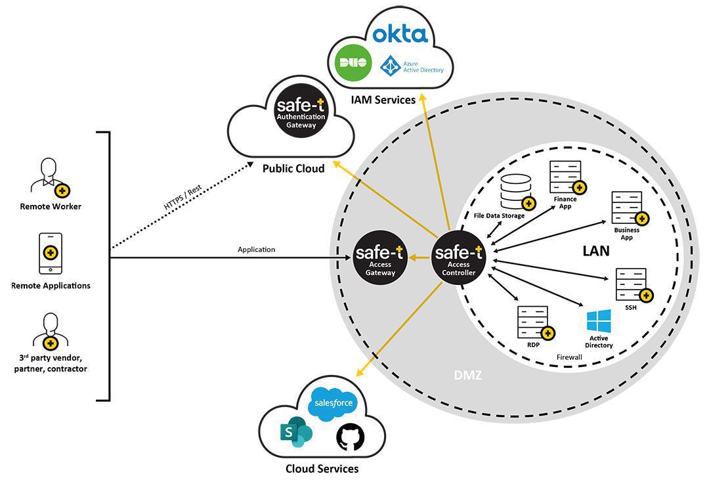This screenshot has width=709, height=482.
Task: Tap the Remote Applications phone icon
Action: point(51,253)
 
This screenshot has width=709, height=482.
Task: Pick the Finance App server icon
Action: point(565,176)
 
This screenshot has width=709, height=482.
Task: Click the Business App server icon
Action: point(627,208)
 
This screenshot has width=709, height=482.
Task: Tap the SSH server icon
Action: point(632,284)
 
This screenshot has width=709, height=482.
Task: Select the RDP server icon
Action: point(533,322)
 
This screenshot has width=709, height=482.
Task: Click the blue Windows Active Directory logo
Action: point(599,321)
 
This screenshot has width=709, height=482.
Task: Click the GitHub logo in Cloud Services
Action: point(349,437)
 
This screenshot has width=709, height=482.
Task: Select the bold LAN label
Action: point(595,250)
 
